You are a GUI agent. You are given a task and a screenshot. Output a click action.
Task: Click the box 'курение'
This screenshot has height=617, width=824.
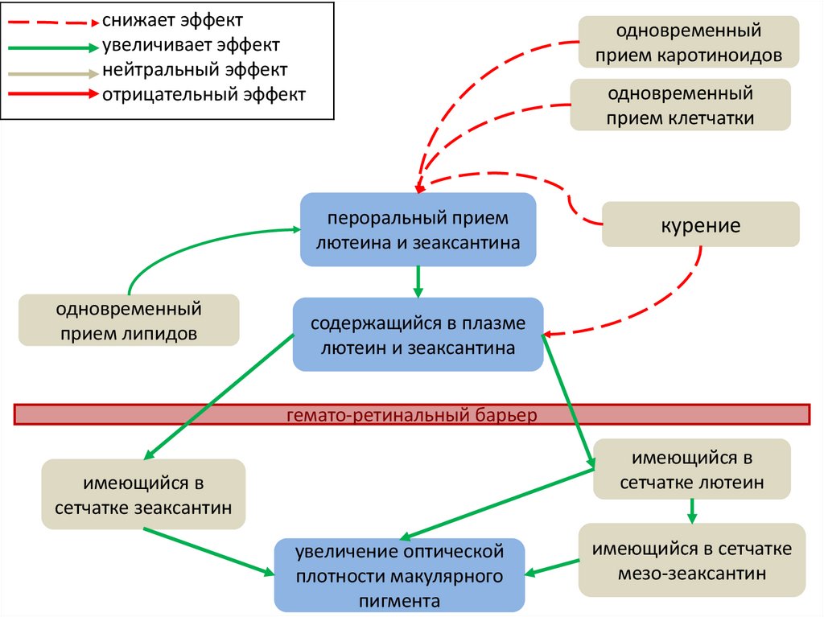(701, 224)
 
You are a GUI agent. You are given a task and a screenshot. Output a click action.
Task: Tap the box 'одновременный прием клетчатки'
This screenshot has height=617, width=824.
(681, 105)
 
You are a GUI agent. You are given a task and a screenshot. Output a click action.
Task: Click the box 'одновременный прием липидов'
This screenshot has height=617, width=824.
(129, 321)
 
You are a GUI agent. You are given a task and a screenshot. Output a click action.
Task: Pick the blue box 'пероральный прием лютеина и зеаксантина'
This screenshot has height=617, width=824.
(418, 230)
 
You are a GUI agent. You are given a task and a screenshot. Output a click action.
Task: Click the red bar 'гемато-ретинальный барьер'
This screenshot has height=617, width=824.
(411, 415)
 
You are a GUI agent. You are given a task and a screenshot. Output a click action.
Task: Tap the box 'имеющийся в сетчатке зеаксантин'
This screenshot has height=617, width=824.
(143, 495)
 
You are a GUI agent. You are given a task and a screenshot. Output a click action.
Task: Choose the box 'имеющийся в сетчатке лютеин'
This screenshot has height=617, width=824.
(691, 471)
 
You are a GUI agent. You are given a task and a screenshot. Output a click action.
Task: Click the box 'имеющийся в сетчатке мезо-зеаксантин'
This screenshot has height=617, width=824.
(691, 561)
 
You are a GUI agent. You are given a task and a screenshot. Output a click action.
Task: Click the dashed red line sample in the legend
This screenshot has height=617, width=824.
(52, 21)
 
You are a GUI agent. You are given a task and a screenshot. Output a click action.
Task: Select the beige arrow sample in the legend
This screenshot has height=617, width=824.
(52, 72)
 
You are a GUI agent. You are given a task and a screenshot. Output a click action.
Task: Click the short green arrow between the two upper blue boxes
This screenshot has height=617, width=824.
(418, 281)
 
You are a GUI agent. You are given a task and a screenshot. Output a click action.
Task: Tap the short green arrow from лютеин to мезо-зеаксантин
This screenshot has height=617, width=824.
(691, 512)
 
